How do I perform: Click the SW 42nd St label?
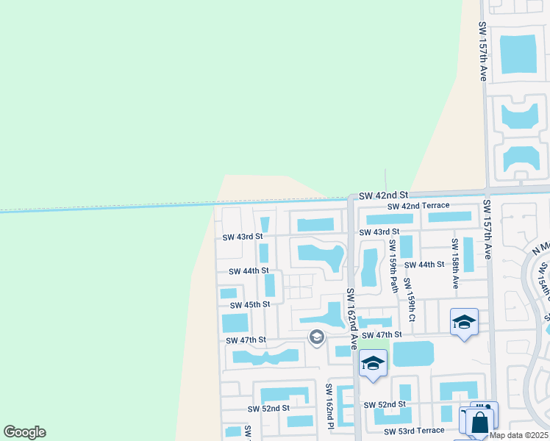[383, 196]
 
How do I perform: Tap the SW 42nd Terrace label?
[418, 207]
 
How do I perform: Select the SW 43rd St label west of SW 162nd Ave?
[243, 237]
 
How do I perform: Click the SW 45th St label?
[250, 304]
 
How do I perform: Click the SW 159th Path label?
[393, 265]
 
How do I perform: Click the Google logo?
[24, 432]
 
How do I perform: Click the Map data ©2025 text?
[518, 435]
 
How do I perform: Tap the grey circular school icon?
[317, 337]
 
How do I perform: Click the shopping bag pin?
[479, 423]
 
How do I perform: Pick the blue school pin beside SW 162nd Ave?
[373, 363]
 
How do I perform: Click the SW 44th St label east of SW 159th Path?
[425, 265]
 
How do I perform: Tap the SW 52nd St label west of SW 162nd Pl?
[268, 409]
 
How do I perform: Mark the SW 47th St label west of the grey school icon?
[246, 340]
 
